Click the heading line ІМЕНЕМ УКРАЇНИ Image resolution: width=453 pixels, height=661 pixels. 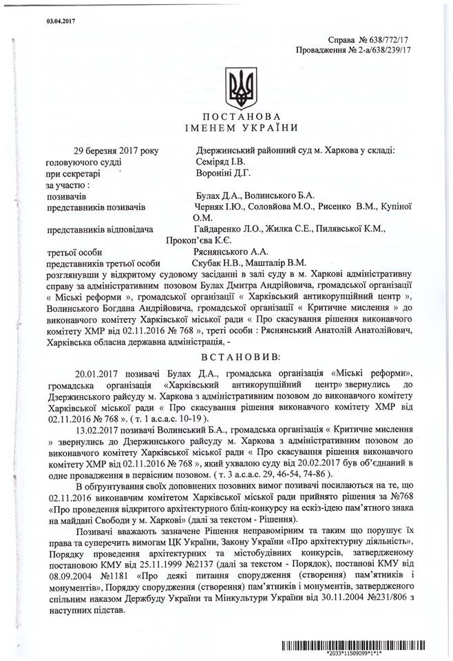pos(241,128)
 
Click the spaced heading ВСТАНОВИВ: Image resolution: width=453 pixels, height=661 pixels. pos(240,358)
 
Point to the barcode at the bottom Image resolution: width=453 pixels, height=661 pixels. pos(363,644)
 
